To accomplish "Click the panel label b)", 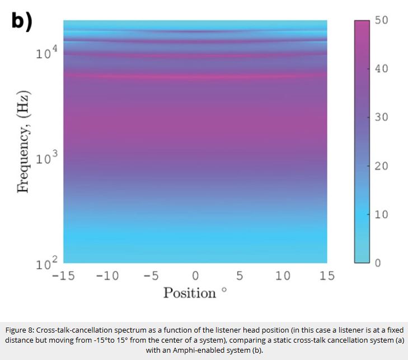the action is pyautogui.click(x=22, y=21).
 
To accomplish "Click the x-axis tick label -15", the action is pyautogui.click(x=63, y=276).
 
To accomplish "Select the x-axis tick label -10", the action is pyautogui.click(x=107, y=276).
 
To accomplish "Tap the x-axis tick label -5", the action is pyautogui.click(x=151, y=276).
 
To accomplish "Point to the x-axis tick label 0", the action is pyautogui.click(x=195, y=276).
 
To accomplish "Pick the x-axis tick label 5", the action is pyautogui.click(x=240, y=276).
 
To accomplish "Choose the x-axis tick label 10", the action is pyautogui.click(x=283, y=276).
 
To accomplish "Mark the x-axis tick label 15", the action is pyautogui.click(x=327, y=276).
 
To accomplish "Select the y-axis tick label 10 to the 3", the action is pyautogui.click(x=46, y=158).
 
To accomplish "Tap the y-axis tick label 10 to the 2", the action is pyautogui.click(x=46, y=263).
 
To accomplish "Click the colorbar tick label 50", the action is pyautogui.click(x=382, y=20).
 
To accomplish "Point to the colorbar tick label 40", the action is pyautogui.click(x=382, y=69).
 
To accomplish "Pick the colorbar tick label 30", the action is pyautogui.click(x=382, y=117).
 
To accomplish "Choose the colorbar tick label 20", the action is pyautogui.click(x=382, y=166).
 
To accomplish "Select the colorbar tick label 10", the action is pyautogui.click(x=382, y=215).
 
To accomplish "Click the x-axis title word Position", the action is pyautogui.click(x=190, y=293).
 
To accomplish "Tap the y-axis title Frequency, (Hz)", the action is pyautogui.click(x=24, y=141).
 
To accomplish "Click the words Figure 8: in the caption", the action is pyautogui.click(x=20, y=330).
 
